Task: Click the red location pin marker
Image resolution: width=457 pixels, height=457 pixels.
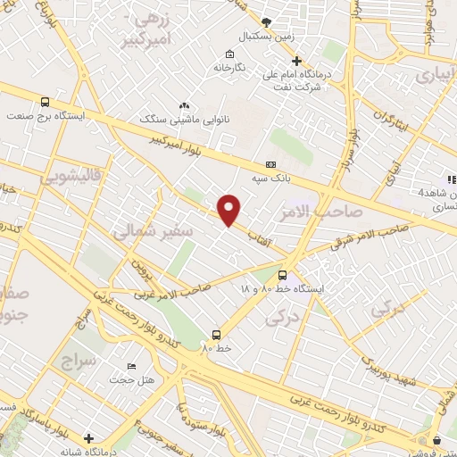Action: [229, 209]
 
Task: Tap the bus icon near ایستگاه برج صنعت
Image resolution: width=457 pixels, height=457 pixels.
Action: [46, 101]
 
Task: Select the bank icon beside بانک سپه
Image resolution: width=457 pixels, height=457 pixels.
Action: [270, 165]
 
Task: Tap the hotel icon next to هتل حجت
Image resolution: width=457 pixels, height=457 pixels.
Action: [131, 366]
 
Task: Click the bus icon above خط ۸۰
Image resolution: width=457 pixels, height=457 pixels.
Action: [215, 335]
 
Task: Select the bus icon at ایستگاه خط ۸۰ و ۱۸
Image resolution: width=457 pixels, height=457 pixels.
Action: [282, 275]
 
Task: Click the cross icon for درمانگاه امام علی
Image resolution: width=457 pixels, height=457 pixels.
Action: [298, 61]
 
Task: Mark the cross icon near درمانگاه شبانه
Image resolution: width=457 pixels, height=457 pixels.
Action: [88, 438]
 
